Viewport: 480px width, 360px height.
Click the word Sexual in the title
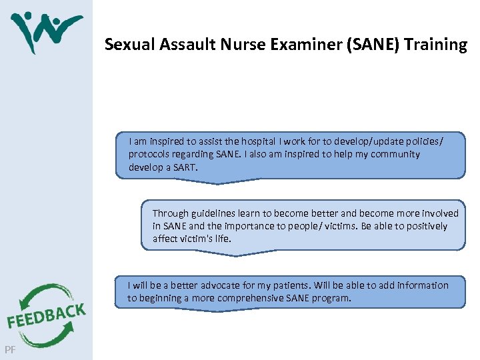pyautogui.click(x=124, y=45)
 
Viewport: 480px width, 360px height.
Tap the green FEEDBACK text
pyautogui.click(x=46, y=316)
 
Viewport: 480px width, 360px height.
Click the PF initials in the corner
pyautogui.click(x=9, y=349)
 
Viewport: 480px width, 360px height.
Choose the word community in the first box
pyautogui.click(x=397, y=154)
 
